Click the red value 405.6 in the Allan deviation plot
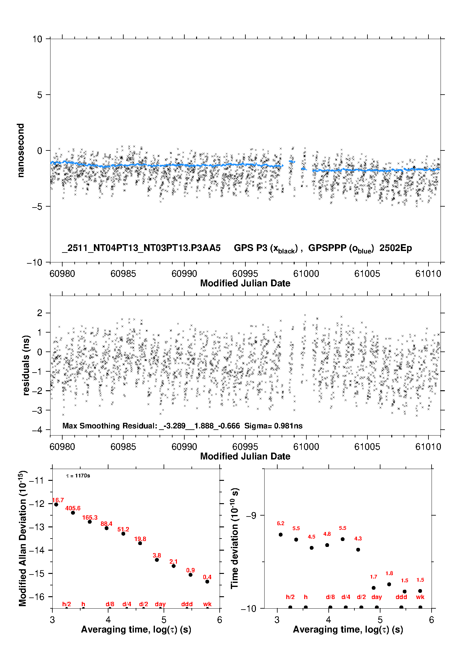tap(73, 508)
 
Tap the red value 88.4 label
tap(106, 524)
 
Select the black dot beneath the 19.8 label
tap(140, 543)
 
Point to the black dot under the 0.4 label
tap(207, 582)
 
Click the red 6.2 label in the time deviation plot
tap(280, 524)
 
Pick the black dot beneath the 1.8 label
tap(389, 584)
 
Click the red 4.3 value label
tap(358, 539)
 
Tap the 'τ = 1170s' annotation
tap(78, 476)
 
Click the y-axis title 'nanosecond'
tap(20, 150)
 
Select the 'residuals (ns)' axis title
tap(26, 365)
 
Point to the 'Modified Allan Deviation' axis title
tap(22, 538)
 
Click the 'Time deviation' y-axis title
tap(235, 539)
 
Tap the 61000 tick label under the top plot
tap(306, 274)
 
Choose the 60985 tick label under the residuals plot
tap(123, 447)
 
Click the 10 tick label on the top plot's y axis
tap(37, 39)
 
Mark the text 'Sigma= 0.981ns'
tap(273, 426)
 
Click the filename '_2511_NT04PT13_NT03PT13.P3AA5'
tap(141, 248)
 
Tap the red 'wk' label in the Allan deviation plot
tap(207, 604)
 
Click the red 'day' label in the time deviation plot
tap(376, 597)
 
